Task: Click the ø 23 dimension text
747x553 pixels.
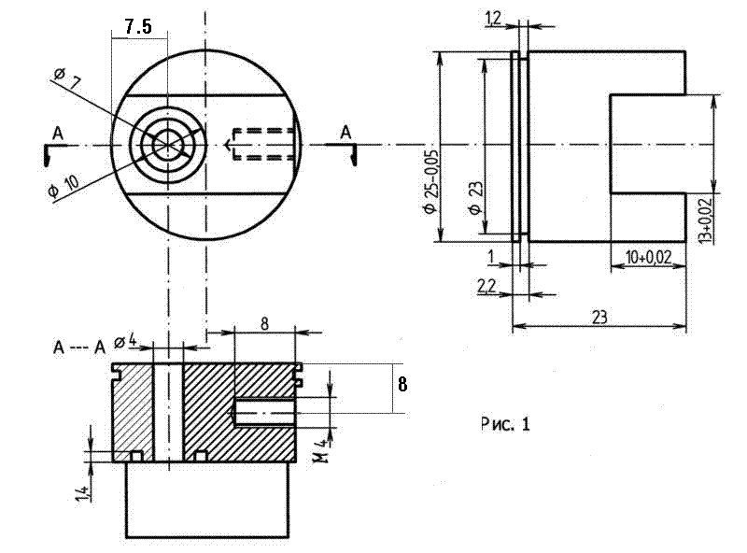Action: pyautogui.click(x=476, y=197)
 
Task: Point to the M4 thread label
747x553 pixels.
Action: pyautogui.click(x=319, y=453)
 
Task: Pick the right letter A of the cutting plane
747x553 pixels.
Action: pyautogui.click(x=345, y=133)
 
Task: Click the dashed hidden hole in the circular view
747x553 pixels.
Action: pyautogui.click(x=264, y=144)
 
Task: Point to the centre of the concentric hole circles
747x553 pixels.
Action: pyautogui.click(x=168, y=144)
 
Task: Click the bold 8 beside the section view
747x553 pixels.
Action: pyautogui.click(x=402, y=383)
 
